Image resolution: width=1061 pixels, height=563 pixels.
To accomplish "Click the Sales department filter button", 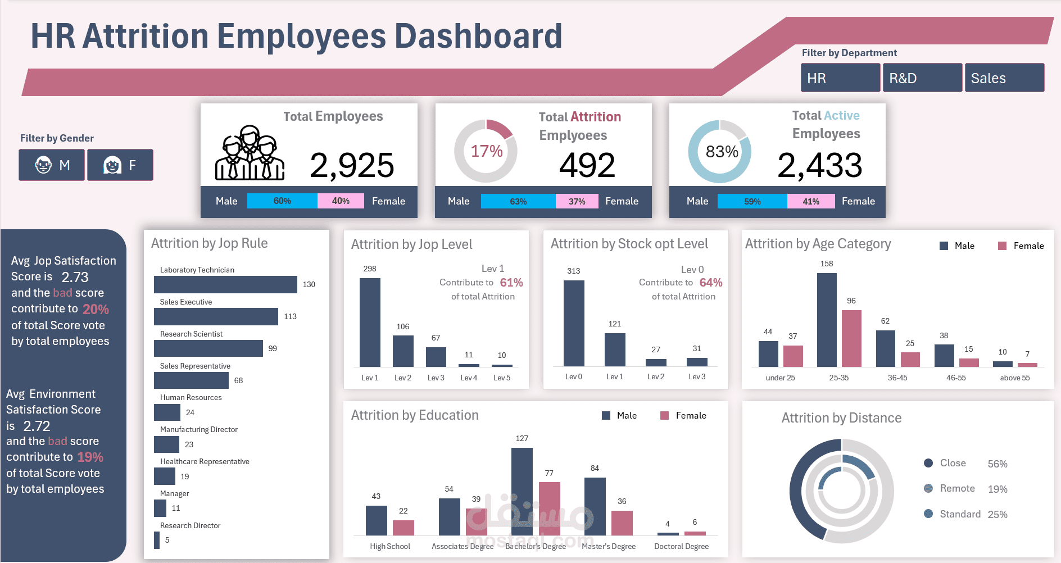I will coord(1004,78).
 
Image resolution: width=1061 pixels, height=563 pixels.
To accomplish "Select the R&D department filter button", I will coord(922,78).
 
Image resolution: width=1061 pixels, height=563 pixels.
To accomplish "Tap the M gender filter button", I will coord(52,165).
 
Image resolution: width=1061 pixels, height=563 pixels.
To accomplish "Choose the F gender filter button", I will coord(120,165).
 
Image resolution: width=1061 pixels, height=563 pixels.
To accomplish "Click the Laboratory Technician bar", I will coord(225,284).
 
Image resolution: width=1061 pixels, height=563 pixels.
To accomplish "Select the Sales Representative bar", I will coord(192,380).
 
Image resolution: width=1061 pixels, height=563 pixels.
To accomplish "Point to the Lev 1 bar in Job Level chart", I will coord(370,323).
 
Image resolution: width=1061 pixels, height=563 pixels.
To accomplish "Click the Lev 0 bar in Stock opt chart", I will coord(574,324).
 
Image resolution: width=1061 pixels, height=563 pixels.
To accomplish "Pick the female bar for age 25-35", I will coord(851,338).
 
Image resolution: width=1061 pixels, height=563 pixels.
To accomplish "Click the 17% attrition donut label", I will coord(486,151).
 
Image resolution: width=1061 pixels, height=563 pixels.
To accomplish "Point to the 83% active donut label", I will coord(722,152).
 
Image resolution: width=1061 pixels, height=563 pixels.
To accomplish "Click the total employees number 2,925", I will coord(352,165).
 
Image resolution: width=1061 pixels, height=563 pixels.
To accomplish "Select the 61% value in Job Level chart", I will coord(511,283).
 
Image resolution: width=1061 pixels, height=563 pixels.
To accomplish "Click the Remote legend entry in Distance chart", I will coord(957,488).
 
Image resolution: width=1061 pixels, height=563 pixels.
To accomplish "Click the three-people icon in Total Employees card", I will coord(250,153).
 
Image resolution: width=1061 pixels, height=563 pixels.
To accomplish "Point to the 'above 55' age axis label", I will coord(1015,378).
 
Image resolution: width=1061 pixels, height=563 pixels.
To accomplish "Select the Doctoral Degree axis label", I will coord(681,546).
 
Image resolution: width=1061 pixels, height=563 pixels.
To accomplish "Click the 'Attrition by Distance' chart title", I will coord(841,418).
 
